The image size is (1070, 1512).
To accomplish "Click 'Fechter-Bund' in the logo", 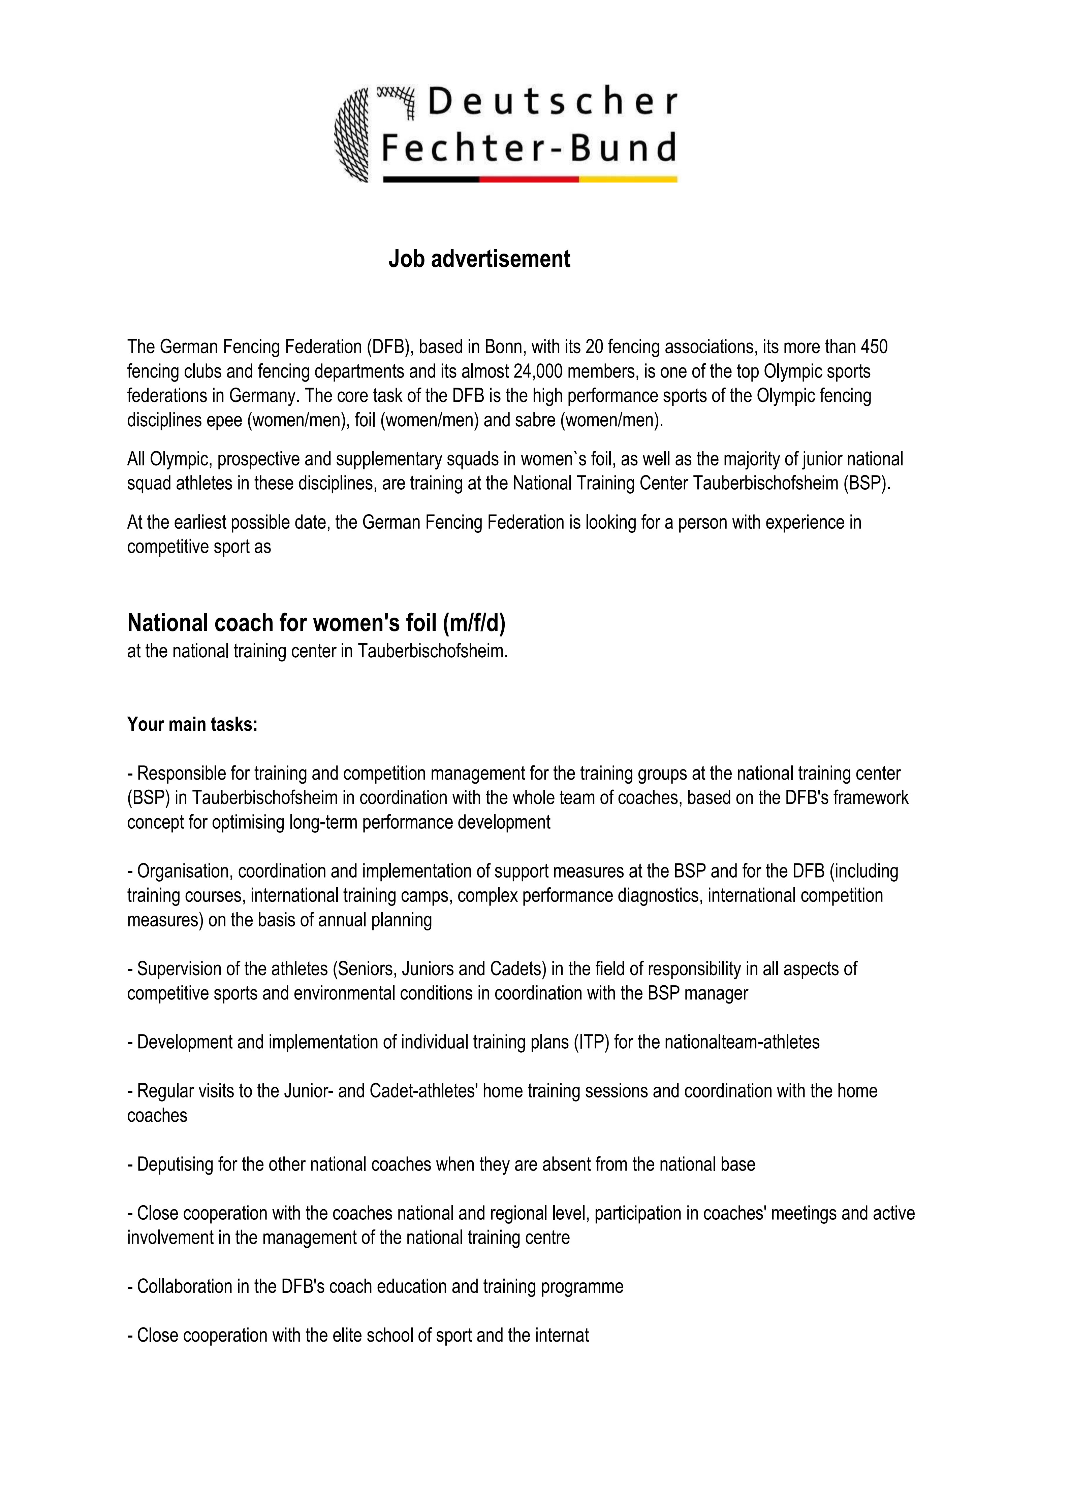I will pos(529,148).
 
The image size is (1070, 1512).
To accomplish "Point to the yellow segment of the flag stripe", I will pos(628,179).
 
